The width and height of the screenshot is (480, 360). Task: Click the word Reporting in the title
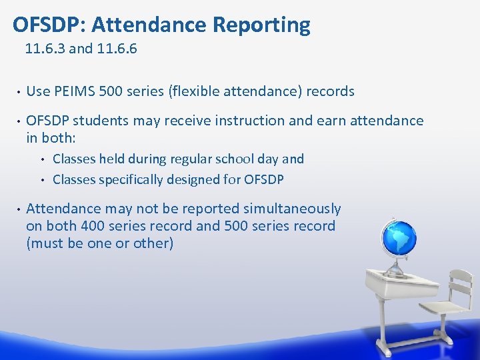261,25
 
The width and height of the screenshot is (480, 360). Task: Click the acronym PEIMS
73,91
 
